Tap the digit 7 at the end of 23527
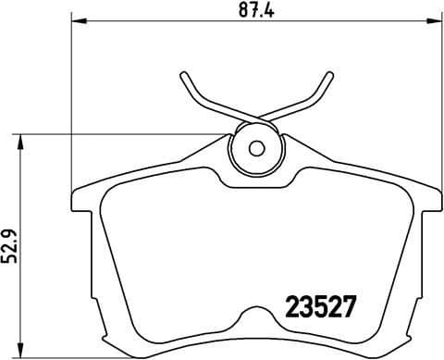click(350, 305)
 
